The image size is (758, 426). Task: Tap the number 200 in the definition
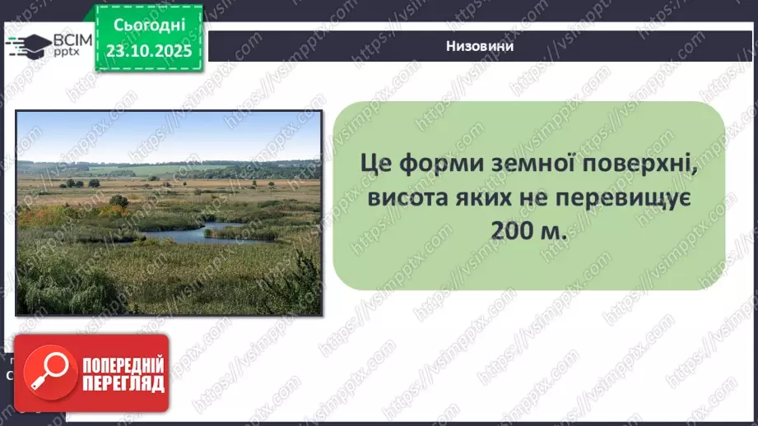point(512,232)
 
